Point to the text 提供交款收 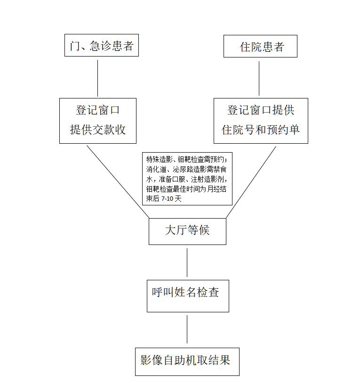(98, 130)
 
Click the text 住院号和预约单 (261, 130)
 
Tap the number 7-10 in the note (167, 199)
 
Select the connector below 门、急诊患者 (97, 78)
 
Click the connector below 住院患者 (259, 78)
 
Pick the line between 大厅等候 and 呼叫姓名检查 (187, 262)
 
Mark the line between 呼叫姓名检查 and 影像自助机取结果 (187, 329)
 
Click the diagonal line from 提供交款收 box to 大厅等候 (118, 182)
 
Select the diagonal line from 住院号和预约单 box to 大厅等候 (251, 182)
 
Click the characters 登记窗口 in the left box (97, 110)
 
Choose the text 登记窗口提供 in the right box (261, 110)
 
